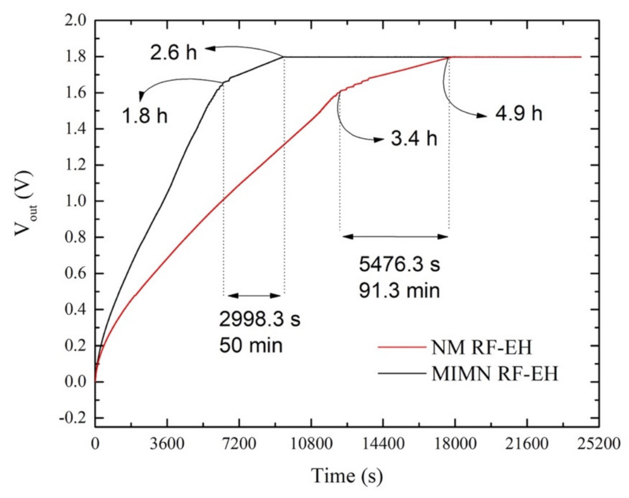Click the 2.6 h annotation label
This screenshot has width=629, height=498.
click(173, 52)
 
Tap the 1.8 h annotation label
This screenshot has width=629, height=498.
click(144, 115)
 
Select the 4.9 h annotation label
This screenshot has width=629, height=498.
click(519, 114)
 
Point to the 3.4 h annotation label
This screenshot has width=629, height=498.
click(414, 139)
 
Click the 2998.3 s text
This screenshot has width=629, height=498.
click(259, 320)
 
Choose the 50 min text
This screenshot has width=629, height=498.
click(250, 346)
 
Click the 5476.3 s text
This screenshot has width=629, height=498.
click(400, 264)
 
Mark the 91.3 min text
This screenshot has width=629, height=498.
click(400, 291)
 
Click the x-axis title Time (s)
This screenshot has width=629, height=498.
click(347, 476)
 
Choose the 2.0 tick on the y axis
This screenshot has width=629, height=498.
click(75, 21)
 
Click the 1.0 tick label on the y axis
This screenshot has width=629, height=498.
click(75, 201)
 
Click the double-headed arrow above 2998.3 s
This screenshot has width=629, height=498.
click(254, 295)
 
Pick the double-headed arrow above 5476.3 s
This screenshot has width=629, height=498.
click(395, 237)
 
